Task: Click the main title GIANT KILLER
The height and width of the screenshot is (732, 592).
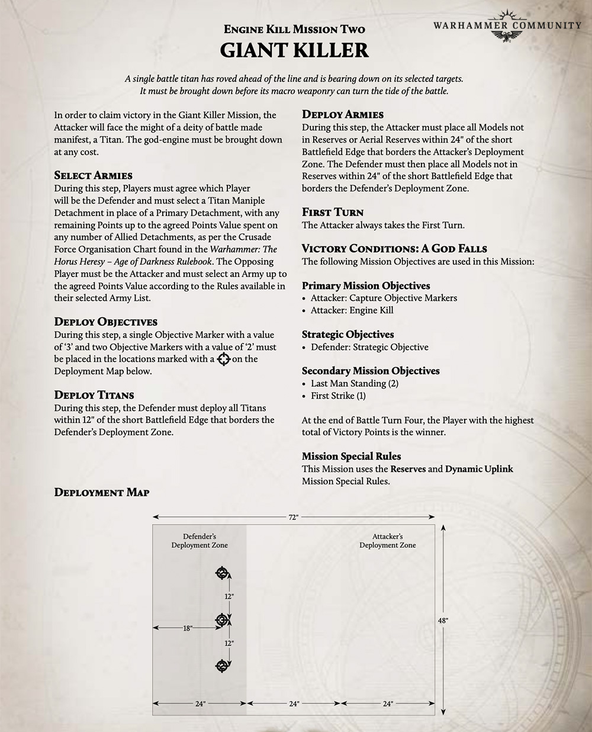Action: click(x=294, y=50)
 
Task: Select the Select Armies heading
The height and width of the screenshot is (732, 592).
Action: click(x=93, y=175)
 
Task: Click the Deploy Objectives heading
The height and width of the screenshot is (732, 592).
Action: click(x=105, y=322)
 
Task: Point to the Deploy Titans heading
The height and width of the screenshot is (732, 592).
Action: click(x=94, y=395)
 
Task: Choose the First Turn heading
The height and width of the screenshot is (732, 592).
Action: click(x=333, y=212)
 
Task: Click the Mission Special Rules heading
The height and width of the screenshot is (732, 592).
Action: click(x=351, y=456)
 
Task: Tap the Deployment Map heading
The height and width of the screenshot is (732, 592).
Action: click(x=101, y=492)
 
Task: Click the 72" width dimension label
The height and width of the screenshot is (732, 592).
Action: click(x=293, y=517)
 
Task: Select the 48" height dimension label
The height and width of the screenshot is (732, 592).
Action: click(x=443, y=620)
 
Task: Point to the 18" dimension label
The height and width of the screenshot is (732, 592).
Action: click(x=187, y=628)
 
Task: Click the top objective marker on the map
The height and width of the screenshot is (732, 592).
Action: click(x=222, y=573)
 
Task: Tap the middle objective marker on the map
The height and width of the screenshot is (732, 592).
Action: click(x=222, y=619)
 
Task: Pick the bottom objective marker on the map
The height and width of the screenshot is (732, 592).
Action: click(x=222, y=666)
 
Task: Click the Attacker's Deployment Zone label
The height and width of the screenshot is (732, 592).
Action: click(x=388, y=541)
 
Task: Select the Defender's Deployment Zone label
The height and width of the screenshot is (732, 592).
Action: click(x=200, y=541)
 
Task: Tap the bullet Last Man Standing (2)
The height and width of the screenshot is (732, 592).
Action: click(x=354, y=383)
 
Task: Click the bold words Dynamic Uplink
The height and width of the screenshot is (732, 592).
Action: click(x=479, y=469)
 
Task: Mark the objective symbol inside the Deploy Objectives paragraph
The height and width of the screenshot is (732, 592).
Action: click(x=223, y=359)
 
